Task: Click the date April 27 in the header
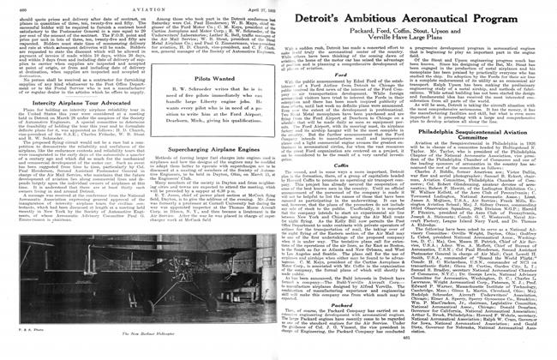[x=255, y=5]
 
